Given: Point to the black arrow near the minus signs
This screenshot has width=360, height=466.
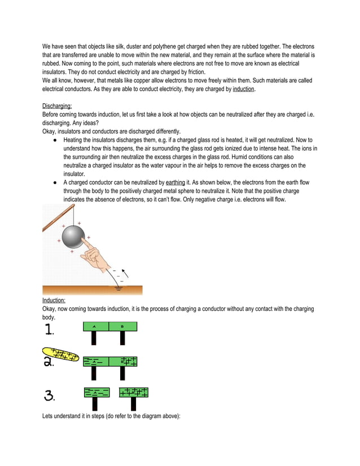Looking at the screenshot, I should click(126, 273).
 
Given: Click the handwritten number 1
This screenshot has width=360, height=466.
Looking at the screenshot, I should click(49, 329).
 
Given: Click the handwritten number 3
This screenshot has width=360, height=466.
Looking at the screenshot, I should click(49, 397).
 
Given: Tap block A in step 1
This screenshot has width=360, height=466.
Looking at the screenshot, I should click(94, 326).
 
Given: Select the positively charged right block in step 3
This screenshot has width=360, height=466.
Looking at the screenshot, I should click(134, 393).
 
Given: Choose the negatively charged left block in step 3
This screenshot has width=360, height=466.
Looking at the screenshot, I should click(96, 393).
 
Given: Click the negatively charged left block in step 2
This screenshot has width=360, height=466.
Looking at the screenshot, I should click(96, 361).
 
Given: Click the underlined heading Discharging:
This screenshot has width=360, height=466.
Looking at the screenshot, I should click(57, 105).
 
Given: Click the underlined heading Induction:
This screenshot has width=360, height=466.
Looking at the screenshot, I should click(54, 300).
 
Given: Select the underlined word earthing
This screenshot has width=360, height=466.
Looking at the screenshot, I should click(175, 183).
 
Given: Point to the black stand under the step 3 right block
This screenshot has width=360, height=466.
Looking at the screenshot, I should click(134, 404).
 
